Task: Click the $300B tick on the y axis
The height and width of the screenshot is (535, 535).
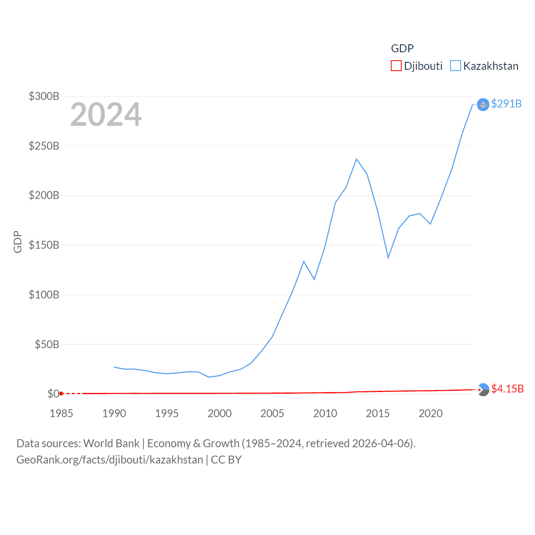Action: tap(44, 97)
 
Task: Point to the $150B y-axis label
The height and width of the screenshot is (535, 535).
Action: tap(44, 245)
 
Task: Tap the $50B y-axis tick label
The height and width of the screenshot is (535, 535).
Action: tap(47, 345)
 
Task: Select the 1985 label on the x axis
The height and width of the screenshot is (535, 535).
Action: tap(61, 414)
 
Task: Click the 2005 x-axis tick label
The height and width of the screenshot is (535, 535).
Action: tap(273, 414)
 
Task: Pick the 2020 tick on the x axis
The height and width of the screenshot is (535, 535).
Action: tap(431, 414)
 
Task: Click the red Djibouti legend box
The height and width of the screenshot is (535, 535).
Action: tap(396, 66)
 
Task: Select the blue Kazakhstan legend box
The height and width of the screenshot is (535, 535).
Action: tap(455, 66)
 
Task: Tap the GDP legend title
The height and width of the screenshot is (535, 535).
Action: tap(402, 48)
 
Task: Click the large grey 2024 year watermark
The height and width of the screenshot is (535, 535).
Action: tap(106, 115)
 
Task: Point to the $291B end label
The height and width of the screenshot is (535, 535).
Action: tap(506, 104)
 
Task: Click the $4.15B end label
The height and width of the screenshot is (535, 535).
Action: tap(507, 389)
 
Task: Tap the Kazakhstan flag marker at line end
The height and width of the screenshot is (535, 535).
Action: tap(483, 104)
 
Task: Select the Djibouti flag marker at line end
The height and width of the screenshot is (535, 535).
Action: tap(483, 390)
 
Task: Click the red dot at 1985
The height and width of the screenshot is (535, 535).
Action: tap(61, 394)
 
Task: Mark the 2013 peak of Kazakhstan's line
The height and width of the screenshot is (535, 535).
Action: tap(357, 159)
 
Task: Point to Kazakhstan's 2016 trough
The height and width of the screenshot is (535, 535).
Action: tap(388, 257)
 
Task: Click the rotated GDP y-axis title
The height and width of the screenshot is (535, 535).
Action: tap(18, 242)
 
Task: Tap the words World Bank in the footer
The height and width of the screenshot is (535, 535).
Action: tap(111, 443)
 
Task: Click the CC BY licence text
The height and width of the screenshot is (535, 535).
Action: tap(226, 460)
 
